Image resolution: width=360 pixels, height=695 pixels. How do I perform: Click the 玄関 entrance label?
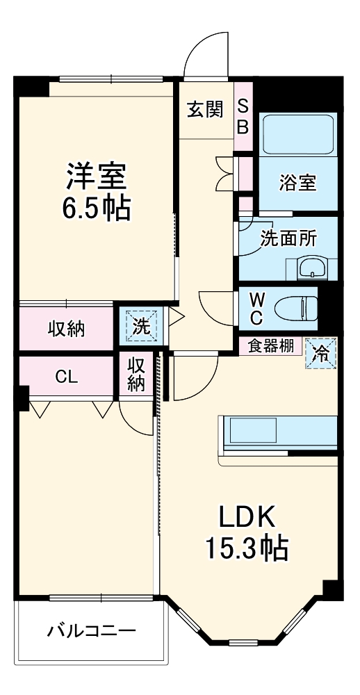tap(204, 110)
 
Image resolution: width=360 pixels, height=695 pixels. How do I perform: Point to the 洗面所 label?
tap(288, 238)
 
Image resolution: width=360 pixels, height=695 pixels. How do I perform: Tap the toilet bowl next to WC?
tap(295, 306)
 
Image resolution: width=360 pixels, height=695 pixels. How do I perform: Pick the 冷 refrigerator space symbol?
tap(320, 352)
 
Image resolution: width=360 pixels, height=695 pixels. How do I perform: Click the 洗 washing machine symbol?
tap(141, 327)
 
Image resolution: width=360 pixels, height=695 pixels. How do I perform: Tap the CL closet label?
tap(67, 377)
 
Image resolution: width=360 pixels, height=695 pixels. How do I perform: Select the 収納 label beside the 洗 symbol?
tap(66, 329)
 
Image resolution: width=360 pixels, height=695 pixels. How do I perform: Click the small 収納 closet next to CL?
tap(136, 375)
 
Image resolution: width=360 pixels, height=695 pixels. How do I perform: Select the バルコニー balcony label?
tap(91, 632)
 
